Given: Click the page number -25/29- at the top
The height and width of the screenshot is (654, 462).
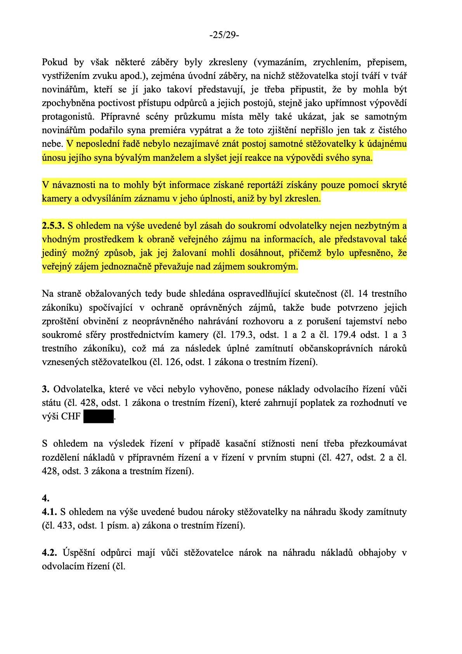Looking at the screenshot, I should (224, 35).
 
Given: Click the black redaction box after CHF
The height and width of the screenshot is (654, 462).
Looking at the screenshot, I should (98, 416).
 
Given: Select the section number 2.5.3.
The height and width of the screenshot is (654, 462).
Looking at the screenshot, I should (53, 226).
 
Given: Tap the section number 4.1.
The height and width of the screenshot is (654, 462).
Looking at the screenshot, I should (49, 512).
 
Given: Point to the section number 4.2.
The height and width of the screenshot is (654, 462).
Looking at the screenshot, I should (50, 553).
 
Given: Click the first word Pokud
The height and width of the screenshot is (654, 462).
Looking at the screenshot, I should (55, 62).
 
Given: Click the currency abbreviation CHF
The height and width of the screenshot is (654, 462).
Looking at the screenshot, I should (71, 417).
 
